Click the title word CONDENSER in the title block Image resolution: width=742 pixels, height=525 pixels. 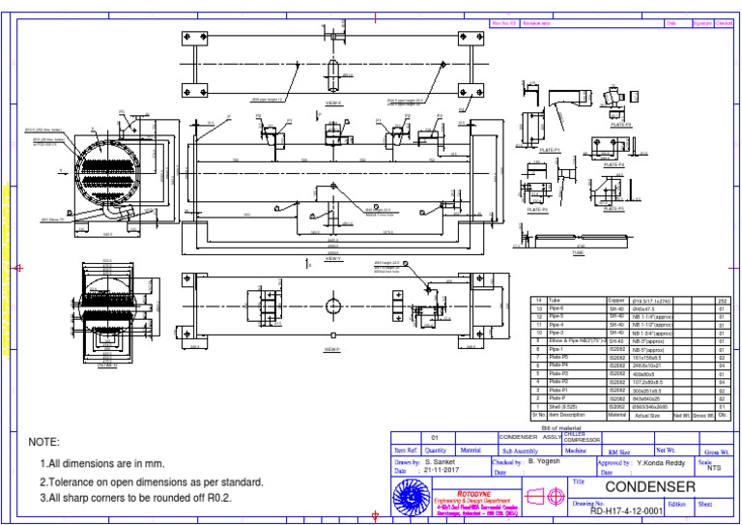pos(649,485)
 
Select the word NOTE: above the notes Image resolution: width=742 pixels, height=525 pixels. pos(44,442)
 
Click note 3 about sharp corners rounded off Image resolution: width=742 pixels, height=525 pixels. pos(135,498)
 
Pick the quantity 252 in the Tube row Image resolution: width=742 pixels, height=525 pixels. pos(721,301)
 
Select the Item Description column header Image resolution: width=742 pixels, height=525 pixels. pos(568,415)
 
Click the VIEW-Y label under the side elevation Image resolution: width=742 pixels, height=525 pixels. pos(333,259)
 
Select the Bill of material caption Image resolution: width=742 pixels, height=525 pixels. pos(562,426)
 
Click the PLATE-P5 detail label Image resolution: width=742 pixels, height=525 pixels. pos(621,124)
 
